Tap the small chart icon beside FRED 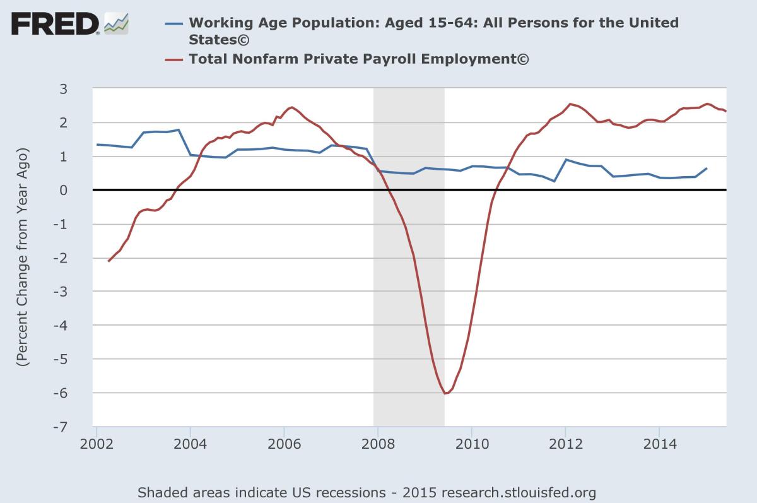point(116,24)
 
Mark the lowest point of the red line point(445,393)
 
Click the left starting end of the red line point(109,261)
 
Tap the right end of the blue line point(707,169)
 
